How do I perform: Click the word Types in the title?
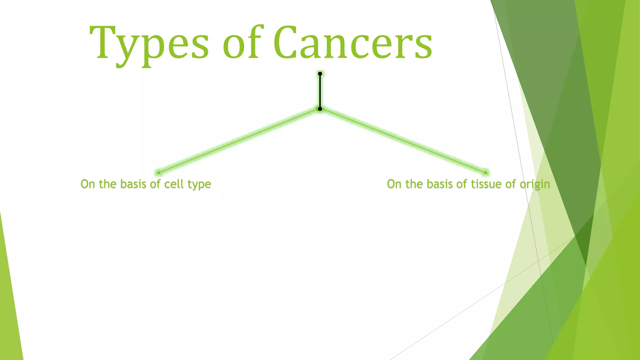tap(149, 44)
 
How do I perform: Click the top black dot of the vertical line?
tap(320, 74)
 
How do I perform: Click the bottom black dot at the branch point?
tap(320, 109)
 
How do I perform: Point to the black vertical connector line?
tap(320, 91)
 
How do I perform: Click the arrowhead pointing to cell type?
tap(158, 172)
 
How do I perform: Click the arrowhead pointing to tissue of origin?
tap(486, 172)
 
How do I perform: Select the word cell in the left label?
tap(174, 184)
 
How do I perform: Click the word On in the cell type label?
tap(87, 184)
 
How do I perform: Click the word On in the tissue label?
tap(394, 184)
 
